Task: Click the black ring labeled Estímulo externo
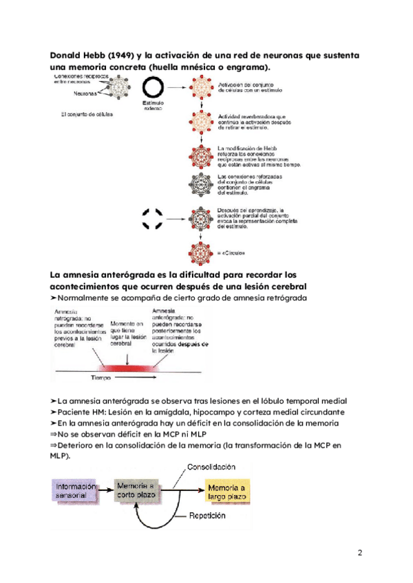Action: click(152, 87)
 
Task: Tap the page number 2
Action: click(360, 553)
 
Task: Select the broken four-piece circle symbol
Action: click(152, 218)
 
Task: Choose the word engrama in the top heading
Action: click(244, 67)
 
